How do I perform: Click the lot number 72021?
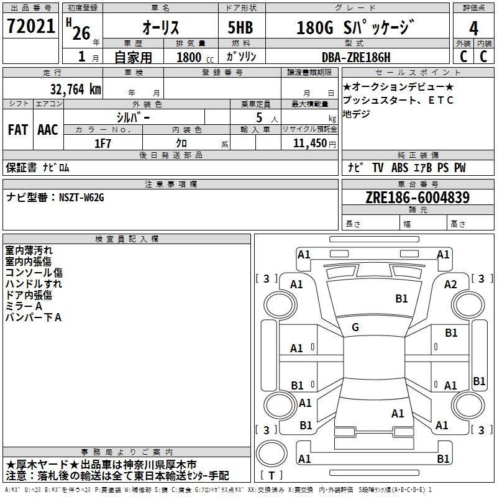(30, 26)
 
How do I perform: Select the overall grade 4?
(473, 29)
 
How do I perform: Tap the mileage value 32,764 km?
(75, 89)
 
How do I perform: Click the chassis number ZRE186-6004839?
(417, 198)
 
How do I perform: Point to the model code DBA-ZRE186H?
(356, 57)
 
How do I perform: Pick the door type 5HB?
(240, 27)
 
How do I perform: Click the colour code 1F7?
(103, 144)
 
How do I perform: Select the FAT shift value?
(18, 130)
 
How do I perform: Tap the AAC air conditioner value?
(48, 130)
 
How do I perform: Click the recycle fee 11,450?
(310, 144)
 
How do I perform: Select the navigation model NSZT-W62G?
(81, 198)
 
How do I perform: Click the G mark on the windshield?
(355, 327)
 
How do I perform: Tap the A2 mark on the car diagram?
(450, 285)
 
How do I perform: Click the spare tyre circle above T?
(271, 454)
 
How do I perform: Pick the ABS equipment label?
(399, 168)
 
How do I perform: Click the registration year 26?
(81, 33)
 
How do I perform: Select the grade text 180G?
(315, 28)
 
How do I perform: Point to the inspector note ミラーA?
(24, 306)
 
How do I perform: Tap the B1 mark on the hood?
(401, 299)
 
